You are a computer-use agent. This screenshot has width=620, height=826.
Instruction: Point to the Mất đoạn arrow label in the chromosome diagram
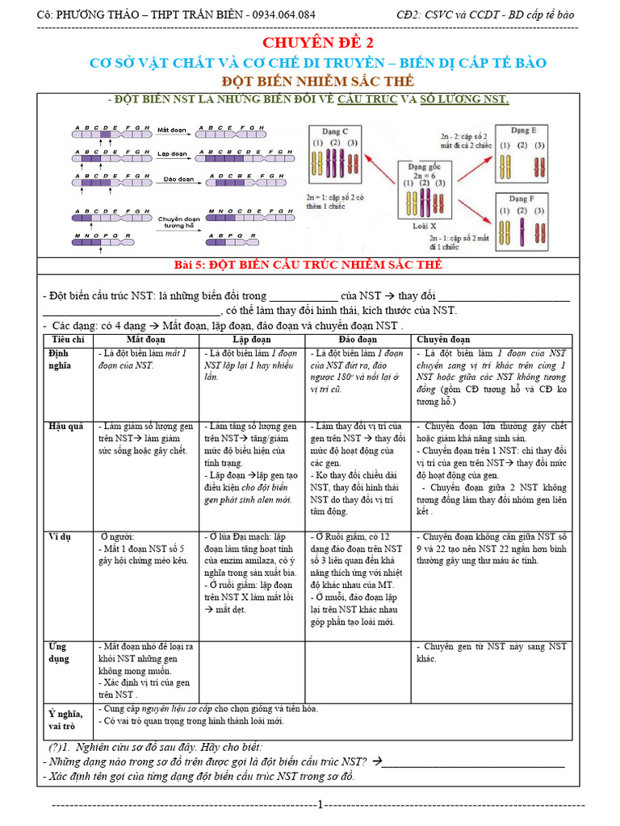click(x=173, y=129)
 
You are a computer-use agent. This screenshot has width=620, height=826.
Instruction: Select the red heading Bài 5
click(x=309, y=265)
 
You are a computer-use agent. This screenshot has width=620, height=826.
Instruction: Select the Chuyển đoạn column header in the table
click(x=443, y=340)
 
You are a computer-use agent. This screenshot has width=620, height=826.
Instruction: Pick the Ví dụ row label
click(x=61, y=536)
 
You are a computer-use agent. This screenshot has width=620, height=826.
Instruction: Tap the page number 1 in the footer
click(x=320, y=804)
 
